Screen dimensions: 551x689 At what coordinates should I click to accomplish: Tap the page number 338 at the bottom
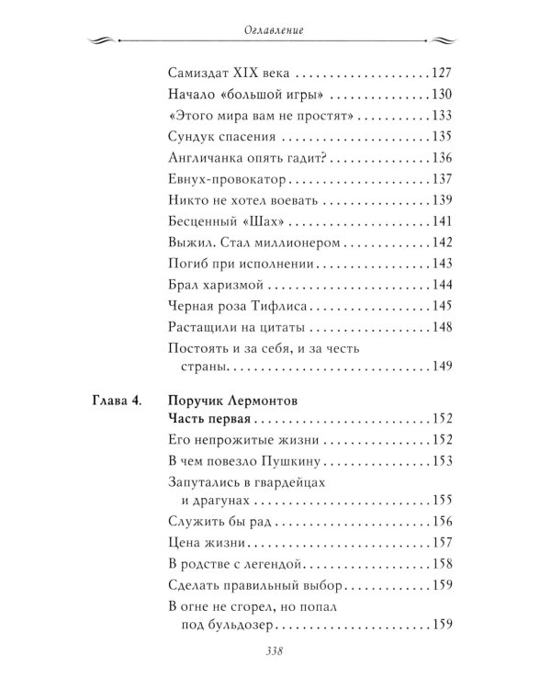(x=275, y=654)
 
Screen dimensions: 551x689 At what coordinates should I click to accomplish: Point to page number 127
(x=443, y=73)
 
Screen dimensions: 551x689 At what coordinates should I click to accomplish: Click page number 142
(x=443, y=242)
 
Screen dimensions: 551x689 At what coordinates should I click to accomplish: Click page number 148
(x=443, y=326)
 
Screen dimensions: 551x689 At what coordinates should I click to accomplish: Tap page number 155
(x=443, y=501)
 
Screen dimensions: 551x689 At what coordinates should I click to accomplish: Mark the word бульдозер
(x=236, y=625)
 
